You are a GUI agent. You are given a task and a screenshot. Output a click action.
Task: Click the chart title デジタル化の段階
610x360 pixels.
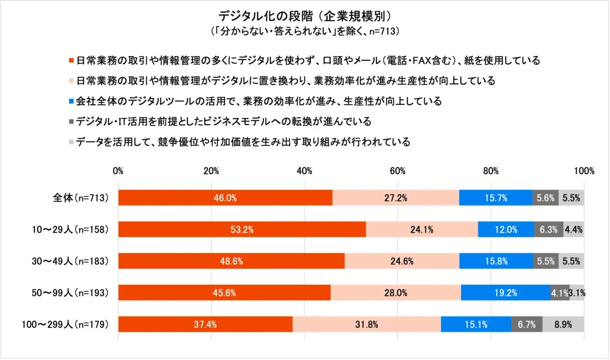304,14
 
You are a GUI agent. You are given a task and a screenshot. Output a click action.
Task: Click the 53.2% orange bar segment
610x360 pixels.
242,229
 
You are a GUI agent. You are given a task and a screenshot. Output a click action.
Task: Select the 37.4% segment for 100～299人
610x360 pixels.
206,324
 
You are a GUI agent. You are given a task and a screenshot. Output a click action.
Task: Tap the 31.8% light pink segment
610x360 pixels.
366,324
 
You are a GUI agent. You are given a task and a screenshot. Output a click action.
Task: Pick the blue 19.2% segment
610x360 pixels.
505,293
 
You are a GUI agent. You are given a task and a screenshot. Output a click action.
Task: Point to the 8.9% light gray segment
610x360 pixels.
563,324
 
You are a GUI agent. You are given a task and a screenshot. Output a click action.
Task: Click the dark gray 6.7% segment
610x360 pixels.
527,324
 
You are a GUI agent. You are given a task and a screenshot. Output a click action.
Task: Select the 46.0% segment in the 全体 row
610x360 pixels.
225,197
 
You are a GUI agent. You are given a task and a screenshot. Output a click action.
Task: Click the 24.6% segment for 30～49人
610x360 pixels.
402,261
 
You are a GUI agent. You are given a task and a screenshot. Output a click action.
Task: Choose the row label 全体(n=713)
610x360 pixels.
80,197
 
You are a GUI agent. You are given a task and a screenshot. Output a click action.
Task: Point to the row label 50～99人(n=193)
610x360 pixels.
69,293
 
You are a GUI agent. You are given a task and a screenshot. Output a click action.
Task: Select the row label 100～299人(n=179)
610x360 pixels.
64,325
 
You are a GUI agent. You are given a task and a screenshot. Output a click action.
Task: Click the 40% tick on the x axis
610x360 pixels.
304,170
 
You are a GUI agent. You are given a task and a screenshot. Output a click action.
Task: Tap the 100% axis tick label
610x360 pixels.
584,170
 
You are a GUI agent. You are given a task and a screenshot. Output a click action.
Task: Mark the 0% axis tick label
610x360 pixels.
118,170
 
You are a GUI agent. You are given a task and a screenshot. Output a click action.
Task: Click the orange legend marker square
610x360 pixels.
71,60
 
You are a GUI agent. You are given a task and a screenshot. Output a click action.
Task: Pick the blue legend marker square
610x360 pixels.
71,101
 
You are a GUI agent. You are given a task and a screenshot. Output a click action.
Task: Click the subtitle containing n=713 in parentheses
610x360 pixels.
304,30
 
